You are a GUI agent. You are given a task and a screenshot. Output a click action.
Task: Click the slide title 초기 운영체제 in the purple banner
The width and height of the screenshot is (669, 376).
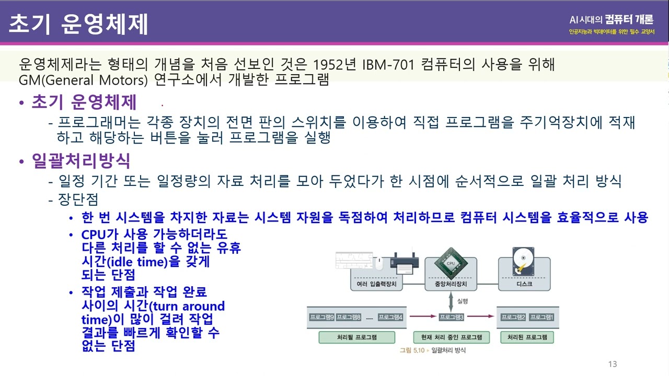coord(78,24)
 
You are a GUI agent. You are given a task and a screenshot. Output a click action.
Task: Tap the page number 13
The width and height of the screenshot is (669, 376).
coord(613,364)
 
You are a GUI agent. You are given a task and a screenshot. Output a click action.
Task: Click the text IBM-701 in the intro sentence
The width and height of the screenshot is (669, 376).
coord(388,64)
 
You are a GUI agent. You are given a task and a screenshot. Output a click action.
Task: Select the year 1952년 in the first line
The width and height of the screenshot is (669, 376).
coord(335,64)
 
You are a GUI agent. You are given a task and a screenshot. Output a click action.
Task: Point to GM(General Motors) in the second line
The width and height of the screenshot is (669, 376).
coord(83,80)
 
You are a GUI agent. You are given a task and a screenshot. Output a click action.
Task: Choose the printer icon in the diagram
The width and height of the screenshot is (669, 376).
coord(405,263)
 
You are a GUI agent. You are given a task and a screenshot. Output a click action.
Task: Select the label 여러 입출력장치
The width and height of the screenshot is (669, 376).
coord(377,284)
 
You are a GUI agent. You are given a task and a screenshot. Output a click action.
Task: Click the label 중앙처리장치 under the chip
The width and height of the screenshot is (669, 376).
coord(451,284)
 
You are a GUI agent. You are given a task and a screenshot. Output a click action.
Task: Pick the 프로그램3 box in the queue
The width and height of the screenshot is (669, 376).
coord(452,317)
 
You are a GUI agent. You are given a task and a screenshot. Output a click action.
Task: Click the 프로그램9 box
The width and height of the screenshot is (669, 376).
coord(321,317)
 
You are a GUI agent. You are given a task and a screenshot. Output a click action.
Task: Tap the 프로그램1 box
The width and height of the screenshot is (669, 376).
coord(542,317)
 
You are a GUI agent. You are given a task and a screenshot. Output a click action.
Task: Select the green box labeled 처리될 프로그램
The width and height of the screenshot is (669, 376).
coord(357,337)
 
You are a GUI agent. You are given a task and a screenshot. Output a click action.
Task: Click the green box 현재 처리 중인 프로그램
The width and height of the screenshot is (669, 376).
coord(452,337)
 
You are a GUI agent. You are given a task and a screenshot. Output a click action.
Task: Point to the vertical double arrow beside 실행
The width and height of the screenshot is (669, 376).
coord(451,302)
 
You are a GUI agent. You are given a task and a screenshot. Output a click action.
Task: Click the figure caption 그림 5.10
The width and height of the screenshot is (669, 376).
coord(412,350)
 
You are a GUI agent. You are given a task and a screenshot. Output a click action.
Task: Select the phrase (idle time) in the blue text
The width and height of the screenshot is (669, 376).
coord(137,262)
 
